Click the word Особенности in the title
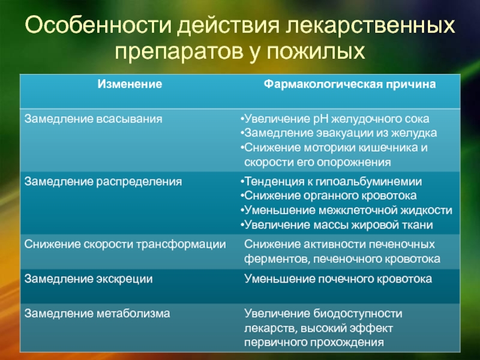[98, 25]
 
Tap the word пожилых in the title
[316, 51]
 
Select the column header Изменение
[130, 84]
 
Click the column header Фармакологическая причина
[350, 84]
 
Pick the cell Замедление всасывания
[94, 119]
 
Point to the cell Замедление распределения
[103, 182]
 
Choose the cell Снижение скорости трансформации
[125, 244]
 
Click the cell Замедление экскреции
[88, 279]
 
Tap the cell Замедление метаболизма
[97, 313]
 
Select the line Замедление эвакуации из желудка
[338, 133]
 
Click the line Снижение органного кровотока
[328, 196]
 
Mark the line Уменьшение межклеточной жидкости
[346, 211]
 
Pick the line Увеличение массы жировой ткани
[337, 225]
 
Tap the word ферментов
[277, 259]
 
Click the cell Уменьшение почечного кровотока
[338, 279]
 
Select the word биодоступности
[358, 313]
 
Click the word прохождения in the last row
[347, 342]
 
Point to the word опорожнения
[353, 162]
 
